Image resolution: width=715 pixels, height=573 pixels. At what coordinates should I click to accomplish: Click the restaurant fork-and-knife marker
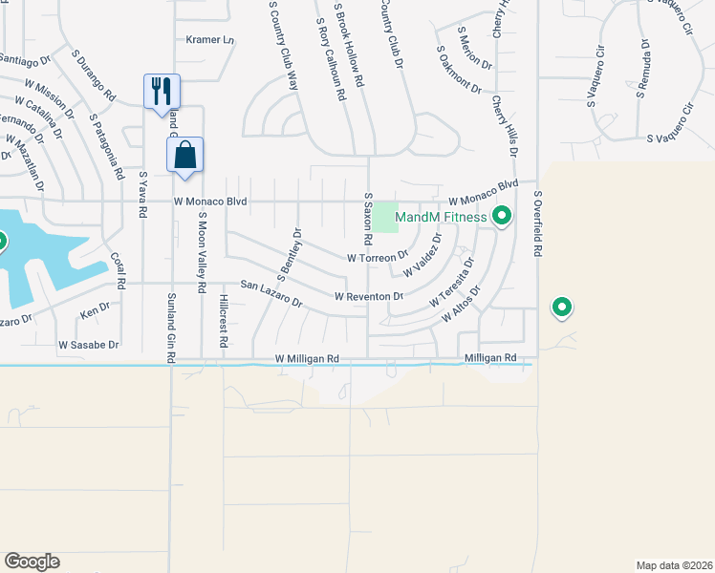[161, 92]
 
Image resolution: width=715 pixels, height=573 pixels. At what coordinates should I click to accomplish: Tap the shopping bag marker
[185, 154]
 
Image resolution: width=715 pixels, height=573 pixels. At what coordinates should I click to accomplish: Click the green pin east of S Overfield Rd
[562, 308]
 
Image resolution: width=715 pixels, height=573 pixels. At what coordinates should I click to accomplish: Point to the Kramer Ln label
[210, 40]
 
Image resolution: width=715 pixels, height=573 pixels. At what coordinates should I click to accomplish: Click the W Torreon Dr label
[378, 257]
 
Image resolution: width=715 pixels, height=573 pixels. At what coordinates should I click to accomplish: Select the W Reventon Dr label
[369, 297]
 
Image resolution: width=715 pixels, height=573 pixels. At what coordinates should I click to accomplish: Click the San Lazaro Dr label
[271, 293]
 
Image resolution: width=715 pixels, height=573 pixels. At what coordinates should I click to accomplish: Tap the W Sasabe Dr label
[88, 344]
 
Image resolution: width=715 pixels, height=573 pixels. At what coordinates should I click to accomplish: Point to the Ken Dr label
[96, 311]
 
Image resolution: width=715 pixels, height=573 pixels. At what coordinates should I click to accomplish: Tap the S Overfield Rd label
[538, 223]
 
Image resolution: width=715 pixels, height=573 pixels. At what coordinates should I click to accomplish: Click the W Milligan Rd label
[307, 359]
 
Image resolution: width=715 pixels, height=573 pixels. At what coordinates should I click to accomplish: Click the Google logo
[32, 561]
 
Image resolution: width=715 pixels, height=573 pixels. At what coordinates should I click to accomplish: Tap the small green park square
[384, 217]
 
